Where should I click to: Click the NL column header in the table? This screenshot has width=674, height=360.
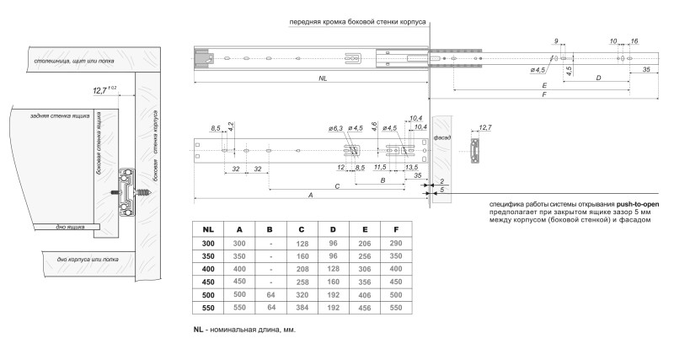point(208,228)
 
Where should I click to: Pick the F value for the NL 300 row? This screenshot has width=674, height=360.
point(395,243)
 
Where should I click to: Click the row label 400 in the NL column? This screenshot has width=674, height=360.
point(208,270)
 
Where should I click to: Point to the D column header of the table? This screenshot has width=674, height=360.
point(334,228)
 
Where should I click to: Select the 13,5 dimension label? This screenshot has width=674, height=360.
point(411,167)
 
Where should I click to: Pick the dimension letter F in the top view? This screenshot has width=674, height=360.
point(543,96)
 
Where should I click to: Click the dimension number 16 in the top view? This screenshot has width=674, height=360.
point(633,40)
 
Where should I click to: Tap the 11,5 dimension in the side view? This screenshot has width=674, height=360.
point(380,167)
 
